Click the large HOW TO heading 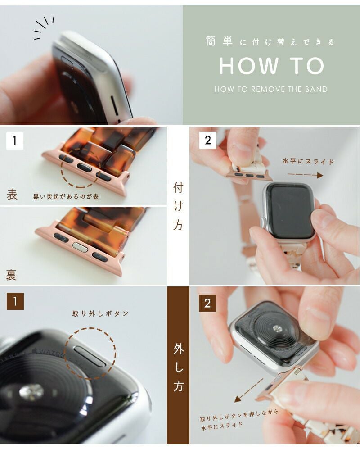[x=271, y=66]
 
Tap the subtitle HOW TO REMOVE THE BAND [x=271, y=89]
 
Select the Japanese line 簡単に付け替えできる [x=270, y=42]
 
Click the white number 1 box [x=14, y=141]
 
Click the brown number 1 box [x=15, y=301]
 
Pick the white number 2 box [x=208, y=140]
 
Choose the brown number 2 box [x=207, y=303]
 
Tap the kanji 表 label [x=12, y=195]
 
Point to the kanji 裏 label [x=11, y=275]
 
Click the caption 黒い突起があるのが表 [x=66, y=196]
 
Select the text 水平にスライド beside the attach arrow [x=308, y=161]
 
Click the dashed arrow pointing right [x=305, y=175]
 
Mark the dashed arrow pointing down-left [x=248, y=390]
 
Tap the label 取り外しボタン [x=100, y=313]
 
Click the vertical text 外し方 [x=178, y=367]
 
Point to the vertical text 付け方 [x=178, y=206]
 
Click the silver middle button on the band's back [x=80, y=247]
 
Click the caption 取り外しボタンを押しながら [x=239, y=416]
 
